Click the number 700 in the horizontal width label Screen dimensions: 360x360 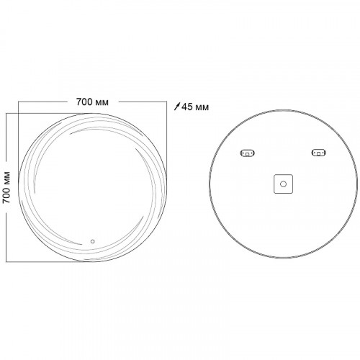click(x=84, y=102)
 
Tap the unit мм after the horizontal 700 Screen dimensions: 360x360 click(x=102, y=103)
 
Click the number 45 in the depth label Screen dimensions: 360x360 click(x=186, y=107)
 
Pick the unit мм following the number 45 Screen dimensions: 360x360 click(x=202, y=107)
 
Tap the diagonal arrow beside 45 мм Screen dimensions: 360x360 click(x=177, y=107)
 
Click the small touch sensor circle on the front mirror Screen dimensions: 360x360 click(x=93, y=241)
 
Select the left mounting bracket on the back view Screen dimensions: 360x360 click(x=248, y=153)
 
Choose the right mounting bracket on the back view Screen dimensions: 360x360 click(x=319, y=153)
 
